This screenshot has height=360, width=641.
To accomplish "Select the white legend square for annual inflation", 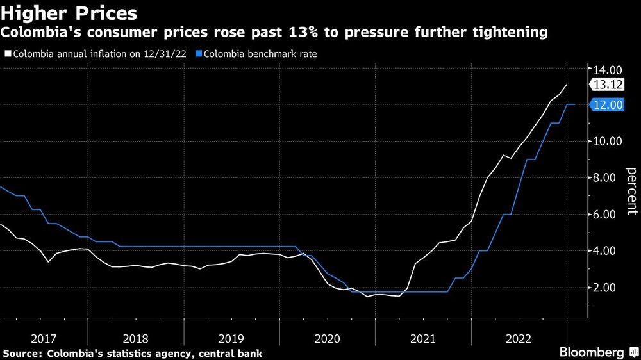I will pyautogui.click(x=8, y=54).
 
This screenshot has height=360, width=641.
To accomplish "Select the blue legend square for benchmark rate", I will pyautogui.click(x=199, y=54).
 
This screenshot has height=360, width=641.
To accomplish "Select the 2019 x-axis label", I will pyautogui.click(x=231, y=338).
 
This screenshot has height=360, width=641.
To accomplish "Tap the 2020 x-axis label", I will pyautogui.click(x=327, y=338).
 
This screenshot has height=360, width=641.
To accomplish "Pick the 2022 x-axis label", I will pyautogui.click(x=519, y=338).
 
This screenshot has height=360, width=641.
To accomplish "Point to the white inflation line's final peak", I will pyautogui.click(x=567, y=85).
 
